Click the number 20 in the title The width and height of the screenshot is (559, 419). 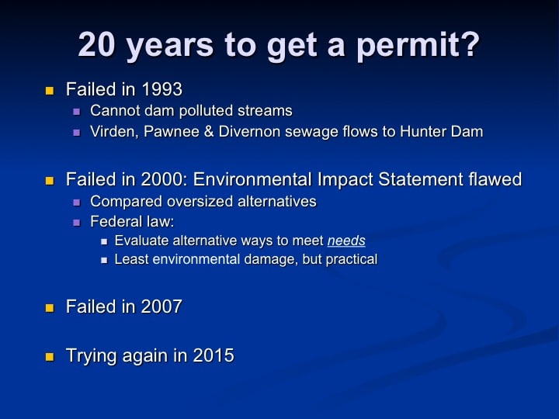96,44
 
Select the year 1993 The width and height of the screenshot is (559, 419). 161,89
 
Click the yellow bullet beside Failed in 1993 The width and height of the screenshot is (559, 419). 50,91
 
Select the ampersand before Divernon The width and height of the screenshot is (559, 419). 209,131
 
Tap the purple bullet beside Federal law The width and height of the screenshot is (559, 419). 77,223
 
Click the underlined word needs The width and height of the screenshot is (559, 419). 346,241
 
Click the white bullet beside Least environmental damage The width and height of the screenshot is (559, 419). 104,261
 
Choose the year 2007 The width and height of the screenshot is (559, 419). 161,306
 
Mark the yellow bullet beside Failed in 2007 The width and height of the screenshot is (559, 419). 50,308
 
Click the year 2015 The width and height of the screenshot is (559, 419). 214,355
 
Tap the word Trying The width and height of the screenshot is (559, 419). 92,356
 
